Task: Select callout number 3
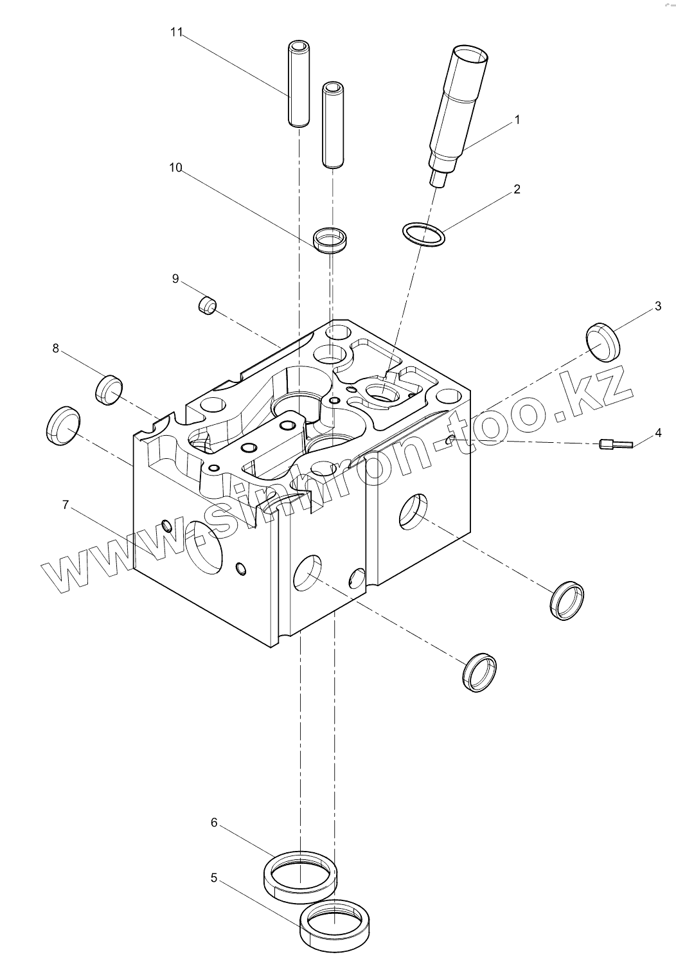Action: coord(657,306)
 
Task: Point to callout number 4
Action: coord(657,433)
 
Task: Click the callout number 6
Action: coord(214,823)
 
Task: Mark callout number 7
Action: coord(65,505)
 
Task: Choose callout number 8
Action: coord(55,348)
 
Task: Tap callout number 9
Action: coord(175,278)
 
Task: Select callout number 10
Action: coord(175,168)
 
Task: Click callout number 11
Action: coord(177,33)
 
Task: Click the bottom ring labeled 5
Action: coord(335,926)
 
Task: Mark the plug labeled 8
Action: coord(109,388)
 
